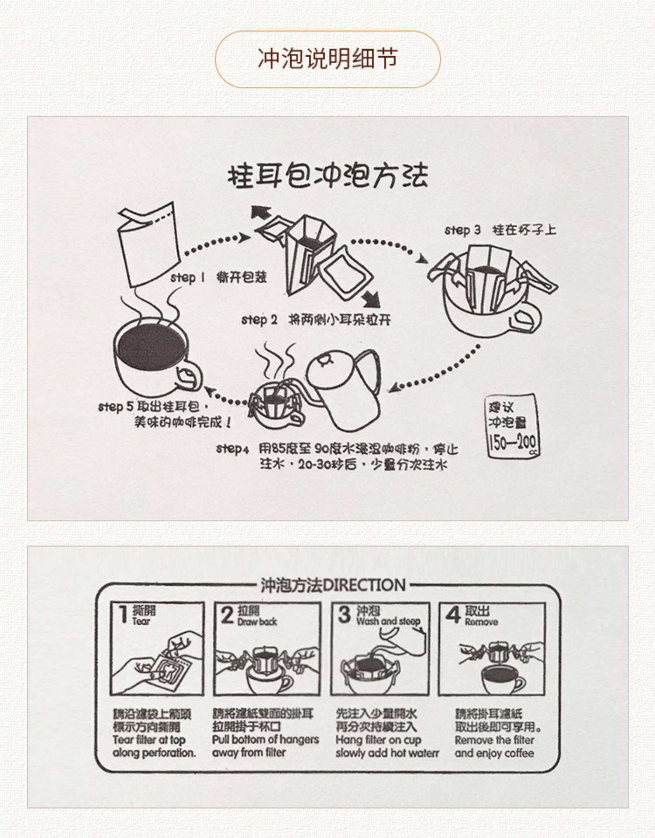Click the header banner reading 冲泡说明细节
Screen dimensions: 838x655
[x=327, y=59]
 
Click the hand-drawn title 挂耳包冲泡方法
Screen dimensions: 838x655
[x=327, y=175]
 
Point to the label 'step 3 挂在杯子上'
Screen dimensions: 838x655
[x=500, y=230]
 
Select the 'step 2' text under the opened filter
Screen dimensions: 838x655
[x=259, y=319]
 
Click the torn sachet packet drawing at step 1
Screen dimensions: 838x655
[x=148, y=242]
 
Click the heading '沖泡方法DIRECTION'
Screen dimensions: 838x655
[x=333, y=585]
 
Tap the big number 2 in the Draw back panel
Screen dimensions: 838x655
[x=227, y=615]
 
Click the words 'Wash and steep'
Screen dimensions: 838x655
[x=388, y=621]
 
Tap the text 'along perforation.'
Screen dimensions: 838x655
[x=154, y=752]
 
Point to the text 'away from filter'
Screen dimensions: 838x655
[x=249, y=752]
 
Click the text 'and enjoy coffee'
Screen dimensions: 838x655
[x=494, y=753]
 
